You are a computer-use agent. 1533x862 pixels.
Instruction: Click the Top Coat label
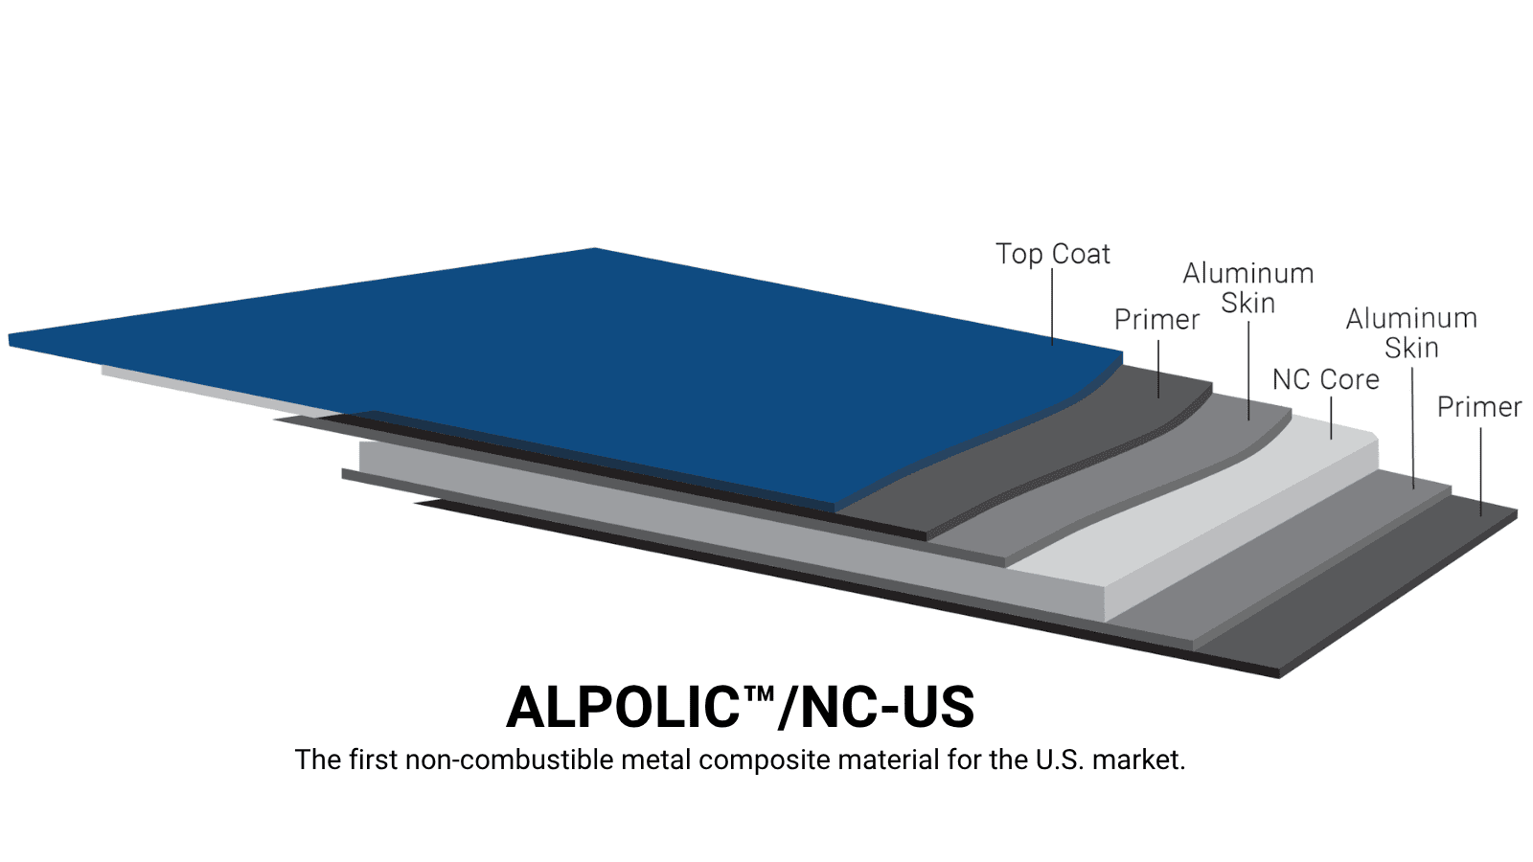tap(1052, 254)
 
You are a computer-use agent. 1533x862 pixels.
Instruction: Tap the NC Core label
tap(1326, 379)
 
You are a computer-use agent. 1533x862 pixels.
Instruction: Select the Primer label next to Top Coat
tap(1156, 320)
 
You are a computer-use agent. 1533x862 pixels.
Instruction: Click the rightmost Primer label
tap(1479, 407)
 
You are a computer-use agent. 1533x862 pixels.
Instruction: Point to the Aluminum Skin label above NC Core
tap(1248, 288)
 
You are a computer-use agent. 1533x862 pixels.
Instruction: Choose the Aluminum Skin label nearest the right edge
tap(1411, 333)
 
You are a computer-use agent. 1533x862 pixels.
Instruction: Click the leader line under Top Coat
tap(1053, 307)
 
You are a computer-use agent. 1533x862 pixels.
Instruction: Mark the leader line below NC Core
tap(1331, 418)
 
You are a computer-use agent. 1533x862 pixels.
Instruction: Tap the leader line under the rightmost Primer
tap(1481, 472)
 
